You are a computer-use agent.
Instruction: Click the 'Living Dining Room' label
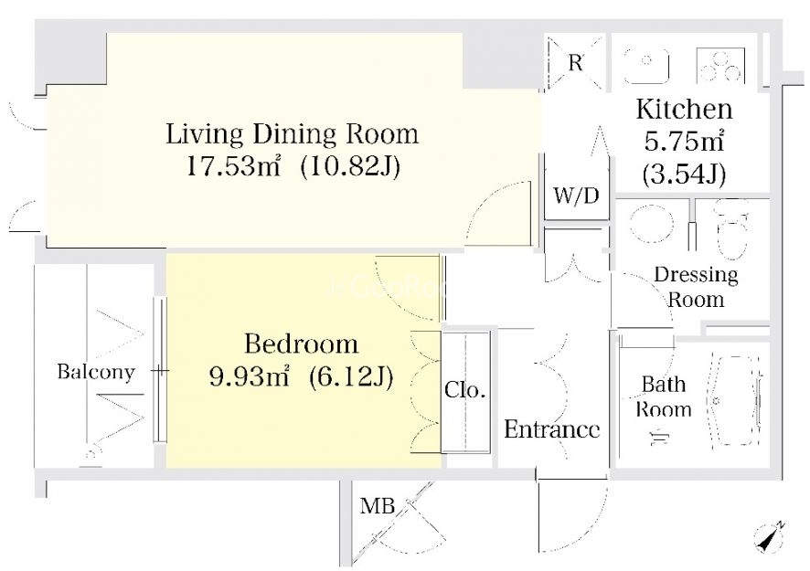[292, 133]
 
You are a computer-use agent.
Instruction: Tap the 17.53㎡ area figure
[233, 166]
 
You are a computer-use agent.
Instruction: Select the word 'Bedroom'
[301, 344]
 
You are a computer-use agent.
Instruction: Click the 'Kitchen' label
[685, 110]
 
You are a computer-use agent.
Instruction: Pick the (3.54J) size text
[685, 175]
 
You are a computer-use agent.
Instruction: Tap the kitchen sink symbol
[646, 66]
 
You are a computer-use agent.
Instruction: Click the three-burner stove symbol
[720, 66]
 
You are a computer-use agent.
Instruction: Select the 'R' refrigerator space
[575, 62]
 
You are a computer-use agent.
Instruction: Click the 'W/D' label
[576, 196]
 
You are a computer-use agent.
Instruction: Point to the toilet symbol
[731, 230]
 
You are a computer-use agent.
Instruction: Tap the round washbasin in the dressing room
[652, 224]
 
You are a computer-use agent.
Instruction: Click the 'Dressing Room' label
[696, 287]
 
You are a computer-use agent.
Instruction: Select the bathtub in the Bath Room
[737, 399]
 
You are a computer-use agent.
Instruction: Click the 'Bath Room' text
[664, 397]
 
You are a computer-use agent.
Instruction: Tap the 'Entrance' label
[551, 429]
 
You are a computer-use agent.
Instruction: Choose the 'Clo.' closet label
[465, 390]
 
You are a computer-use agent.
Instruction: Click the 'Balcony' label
[96, 372]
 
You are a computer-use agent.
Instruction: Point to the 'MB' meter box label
[378, 506]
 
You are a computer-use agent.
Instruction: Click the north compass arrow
[770, 537]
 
